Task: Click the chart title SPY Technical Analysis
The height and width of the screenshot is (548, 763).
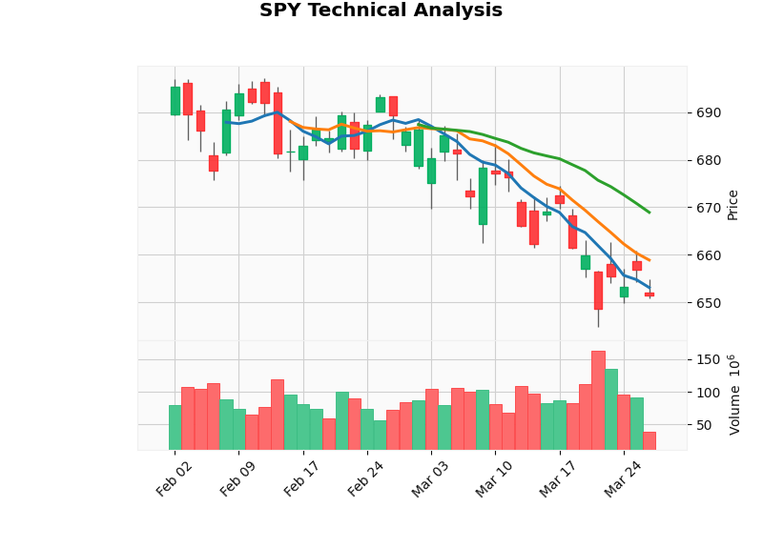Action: [x=381, y=11]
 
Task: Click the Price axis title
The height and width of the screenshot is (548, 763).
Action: [x=732, y=204]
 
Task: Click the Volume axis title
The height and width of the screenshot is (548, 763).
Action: [x=734, y=395]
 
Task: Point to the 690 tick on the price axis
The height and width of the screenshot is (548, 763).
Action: [x=709, y=112]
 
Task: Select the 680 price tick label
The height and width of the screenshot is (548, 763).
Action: [x=709, y=160]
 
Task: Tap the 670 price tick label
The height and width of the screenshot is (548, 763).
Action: [x=709, y=208]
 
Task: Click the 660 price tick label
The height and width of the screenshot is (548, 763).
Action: [x=709, y=255]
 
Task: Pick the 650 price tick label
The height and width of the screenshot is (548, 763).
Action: [x=709, y=303]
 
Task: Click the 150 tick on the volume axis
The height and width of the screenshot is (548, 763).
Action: [x=708, y=359]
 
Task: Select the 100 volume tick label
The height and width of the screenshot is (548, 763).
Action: [x=708, y=393]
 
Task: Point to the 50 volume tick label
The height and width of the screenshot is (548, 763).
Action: [x=704, y=425]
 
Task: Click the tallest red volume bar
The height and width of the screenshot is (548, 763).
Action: [x=598, y=400]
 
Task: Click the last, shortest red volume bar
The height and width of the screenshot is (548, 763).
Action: [x=650, y=440]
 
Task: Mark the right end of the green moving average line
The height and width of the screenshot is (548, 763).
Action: [x=650, y=213]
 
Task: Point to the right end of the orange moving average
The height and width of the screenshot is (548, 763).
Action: [x=650, y=260]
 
